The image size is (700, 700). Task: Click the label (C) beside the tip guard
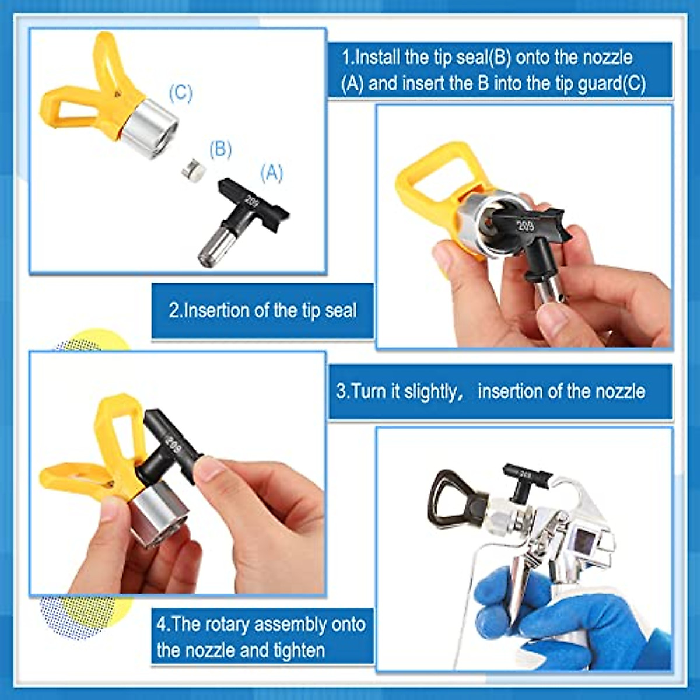(x=180, y=93)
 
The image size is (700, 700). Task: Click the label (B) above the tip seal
(x=220, y=149)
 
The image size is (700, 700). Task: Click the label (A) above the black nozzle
(x=272, y=173)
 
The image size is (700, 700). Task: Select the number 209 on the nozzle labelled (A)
(x=251, y=201)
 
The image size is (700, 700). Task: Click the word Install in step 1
(x=377, y=57)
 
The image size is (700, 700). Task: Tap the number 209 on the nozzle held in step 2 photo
(x=525, y=225)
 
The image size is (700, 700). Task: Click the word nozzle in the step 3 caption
(x=618, y=391)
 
